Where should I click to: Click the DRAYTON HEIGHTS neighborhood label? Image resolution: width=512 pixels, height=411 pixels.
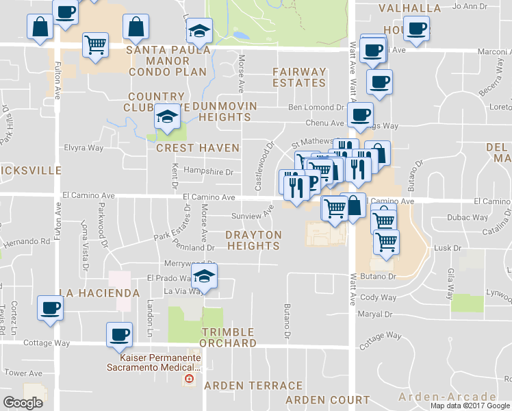tap(253, 240)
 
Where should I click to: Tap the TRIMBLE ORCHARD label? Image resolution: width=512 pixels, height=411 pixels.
tap(229, 337)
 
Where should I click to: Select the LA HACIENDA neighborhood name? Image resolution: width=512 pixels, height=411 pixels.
tap(99, 293)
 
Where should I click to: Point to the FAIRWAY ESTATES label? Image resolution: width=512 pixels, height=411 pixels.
tap(299, 77)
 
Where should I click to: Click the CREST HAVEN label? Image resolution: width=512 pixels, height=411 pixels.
tap(198, 148)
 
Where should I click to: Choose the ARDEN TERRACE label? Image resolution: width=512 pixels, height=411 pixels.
tap(253, 386)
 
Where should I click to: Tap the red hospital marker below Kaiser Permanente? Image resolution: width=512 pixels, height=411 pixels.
tap(189, 379)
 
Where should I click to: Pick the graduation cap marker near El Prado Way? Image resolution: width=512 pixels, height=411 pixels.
tap(203, 275)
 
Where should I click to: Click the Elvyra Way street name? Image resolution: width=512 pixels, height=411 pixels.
tap(84, 147)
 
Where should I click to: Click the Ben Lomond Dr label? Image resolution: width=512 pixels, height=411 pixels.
tap(316, 108)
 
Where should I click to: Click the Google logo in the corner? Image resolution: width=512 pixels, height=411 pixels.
tap(23, 402)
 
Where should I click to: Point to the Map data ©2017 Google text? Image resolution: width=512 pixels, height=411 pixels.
tap(470, 406)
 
